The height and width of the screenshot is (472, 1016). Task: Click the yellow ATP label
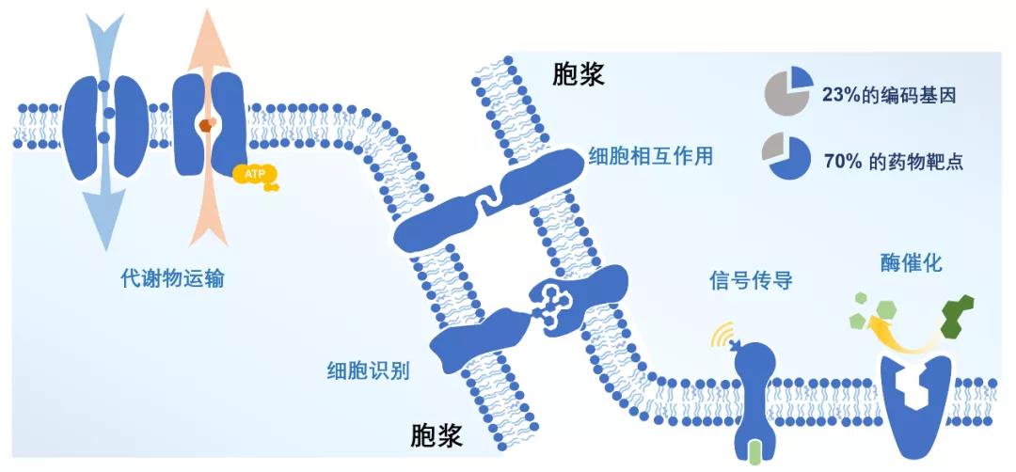point(249,173)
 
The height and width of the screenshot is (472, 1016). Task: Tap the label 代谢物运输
point(172,278)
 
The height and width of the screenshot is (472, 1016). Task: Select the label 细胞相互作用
point(650,156)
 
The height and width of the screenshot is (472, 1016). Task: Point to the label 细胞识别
point(367,369)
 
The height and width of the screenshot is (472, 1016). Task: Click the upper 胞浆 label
point(579,74)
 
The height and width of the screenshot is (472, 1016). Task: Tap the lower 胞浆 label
point(438,433)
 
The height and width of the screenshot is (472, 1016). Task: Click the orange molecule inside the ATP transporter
point(207,124)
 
